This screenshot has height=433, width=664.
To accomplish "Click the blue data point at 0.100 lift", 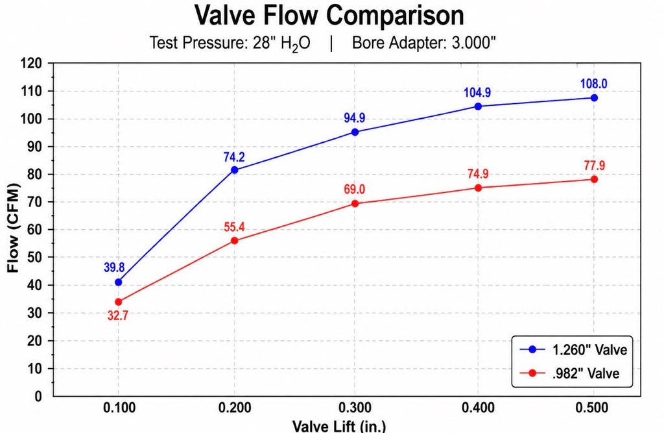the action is (118, 282).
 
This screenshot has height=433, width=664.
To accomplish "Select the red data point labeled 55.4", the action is (234, 240).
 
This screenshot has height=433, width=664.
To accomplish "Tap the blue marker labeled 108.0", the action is (594, 98).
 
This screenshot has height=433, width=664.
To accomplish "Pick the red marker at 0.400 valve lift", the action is (478, 188).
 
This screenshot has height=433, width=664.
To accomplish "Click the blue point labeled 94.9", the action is (355, 132).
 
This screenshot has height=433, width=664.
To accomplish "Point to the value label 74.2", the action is (234, 157).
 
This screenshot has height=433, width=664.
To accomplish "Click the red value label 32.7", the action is (118, 315).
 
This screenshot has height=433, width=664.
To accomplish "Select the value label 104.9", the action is (477, 92).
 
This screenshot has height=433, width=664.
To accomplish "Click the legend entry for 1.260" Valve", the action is (573, 349).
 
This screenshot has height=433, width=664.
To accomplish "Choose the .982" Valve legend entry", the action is (569, 373).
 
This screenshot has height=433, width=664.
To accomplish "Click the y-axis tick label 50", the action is (35, 258).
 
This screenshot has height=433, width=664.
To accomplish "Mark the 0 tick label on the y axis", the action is (38, 397).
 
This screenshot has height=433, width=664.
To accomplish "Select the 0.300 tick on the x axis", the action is (355, 408).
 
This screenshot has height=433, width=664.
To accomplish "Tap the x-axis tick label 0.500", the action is (592, 408).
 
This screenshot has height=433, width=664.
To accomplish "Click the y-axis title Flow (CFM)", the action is (13, 228).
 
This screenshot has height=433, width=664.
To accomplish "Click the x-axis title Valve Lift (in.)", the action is (338, 426).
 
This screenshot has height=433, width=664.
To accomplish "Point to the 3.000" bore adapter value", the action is (473, 43).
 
